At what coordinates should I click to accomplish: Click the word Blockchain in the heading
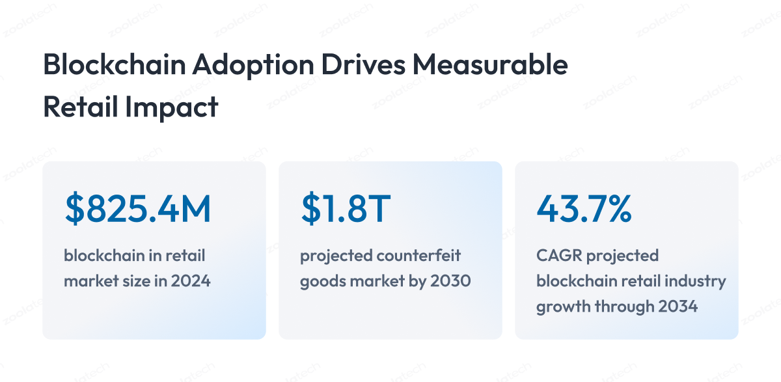115,64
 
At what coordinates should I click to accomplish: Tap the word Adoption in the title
253,66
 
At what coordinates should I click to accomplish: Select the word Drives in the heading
363,64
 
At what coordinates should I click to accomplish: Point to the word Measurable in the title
490,64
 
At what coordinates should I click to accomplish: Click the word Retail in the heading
81,107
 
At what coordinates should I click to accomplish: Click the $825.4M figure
138,208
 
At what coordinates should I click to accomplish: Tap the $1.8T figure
346,208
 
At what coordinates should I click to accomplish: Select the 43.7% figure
584,208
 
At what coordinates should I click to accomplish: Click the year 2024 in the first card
191,281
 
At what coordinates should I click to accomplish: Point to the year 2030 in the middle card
450,281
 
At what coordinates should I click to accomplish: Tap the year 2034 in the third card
677,307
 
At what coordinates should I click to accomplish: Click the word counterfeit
418,256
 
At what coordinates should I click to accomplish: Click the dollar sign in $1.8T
310,208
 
